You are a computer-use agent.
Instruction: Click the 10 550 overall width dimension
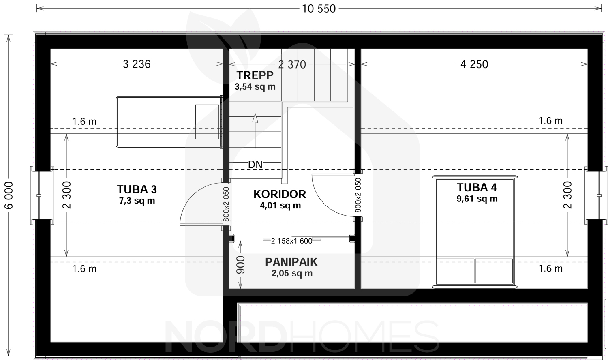point(319,9)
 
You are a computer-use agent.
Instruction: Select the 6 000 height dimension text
point(9,195)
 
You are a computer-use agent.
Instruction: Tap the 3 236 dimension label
point(137,64)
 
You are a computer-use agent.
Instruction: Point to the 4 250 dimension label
point(474,64)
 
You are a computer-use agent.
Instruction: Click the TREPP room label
point(255,75)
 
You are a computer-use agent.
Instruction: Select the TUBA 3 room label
point(137,189)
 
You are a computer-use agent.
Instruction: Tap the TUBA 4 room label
point(477,188)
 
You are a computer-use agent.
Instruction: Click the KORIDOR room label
point(280,194)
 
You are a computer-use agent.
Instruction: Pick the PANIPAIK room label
point(291,262)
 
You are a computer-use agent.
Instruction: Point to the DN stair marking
point(255,165)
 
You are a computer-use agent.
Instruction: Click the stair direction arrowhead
point(255,118)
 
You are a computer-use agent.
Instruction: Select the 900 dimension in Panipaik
point(240,265)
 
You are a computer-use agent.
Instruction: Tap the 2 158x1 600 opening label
point(291,241)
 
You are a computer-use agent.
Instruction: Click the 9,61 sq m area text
point(477,199)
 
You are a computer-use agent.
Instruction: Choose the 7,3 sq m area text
point(137,201)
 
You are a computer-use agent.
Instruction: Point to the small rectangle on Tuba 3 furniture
point(207,122)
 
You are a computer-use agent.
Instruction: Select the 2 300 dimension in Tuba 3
point(67,195)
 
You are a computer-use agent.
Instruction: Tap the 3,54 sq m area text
point(255,87)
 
